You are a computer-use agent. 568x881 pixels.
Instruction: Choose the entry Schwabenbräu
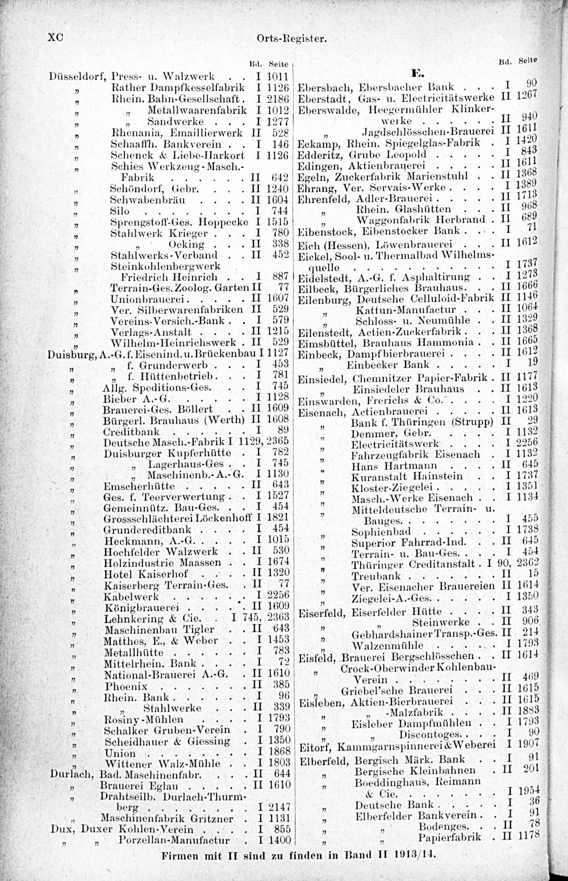tap(139, 200)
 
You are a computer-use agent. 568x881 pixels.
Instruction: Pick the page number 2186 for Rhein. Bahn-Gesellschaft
tap(278, 98)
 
